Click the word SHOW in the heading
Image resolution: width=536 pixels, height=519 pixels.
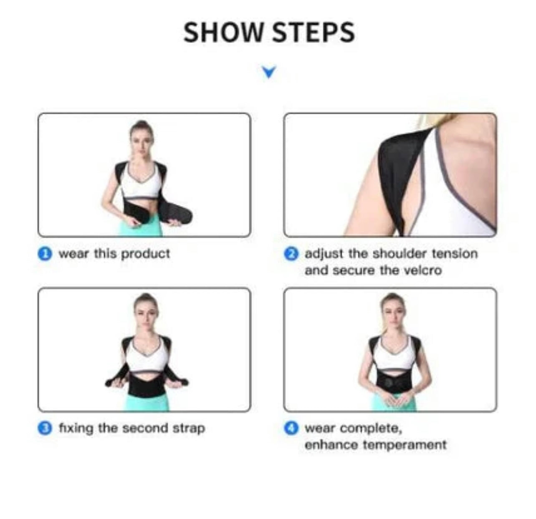(222, 33)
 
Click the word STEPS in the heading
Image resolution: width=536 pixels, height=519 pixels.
(314, 33)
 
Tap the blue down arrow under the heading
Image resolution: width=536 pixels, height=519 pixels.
(268, 72)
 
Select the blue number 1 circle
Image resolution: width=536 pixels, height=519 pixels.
(45, 254)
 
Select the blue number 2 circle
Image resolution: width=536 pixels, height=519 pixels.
(291, 254)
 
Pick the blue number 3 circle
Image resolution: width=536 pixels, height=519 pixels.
(45, 428)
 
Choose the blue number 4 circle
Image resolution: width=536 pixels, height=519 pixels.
(291, 428)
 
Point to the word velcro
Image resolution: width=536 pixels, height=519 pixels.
(423, 270)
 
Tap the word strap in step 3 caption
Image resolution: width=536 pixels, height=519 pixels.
(189, 429)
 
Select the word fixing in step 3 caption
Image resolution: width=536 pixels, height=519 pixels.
(76, 429)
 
